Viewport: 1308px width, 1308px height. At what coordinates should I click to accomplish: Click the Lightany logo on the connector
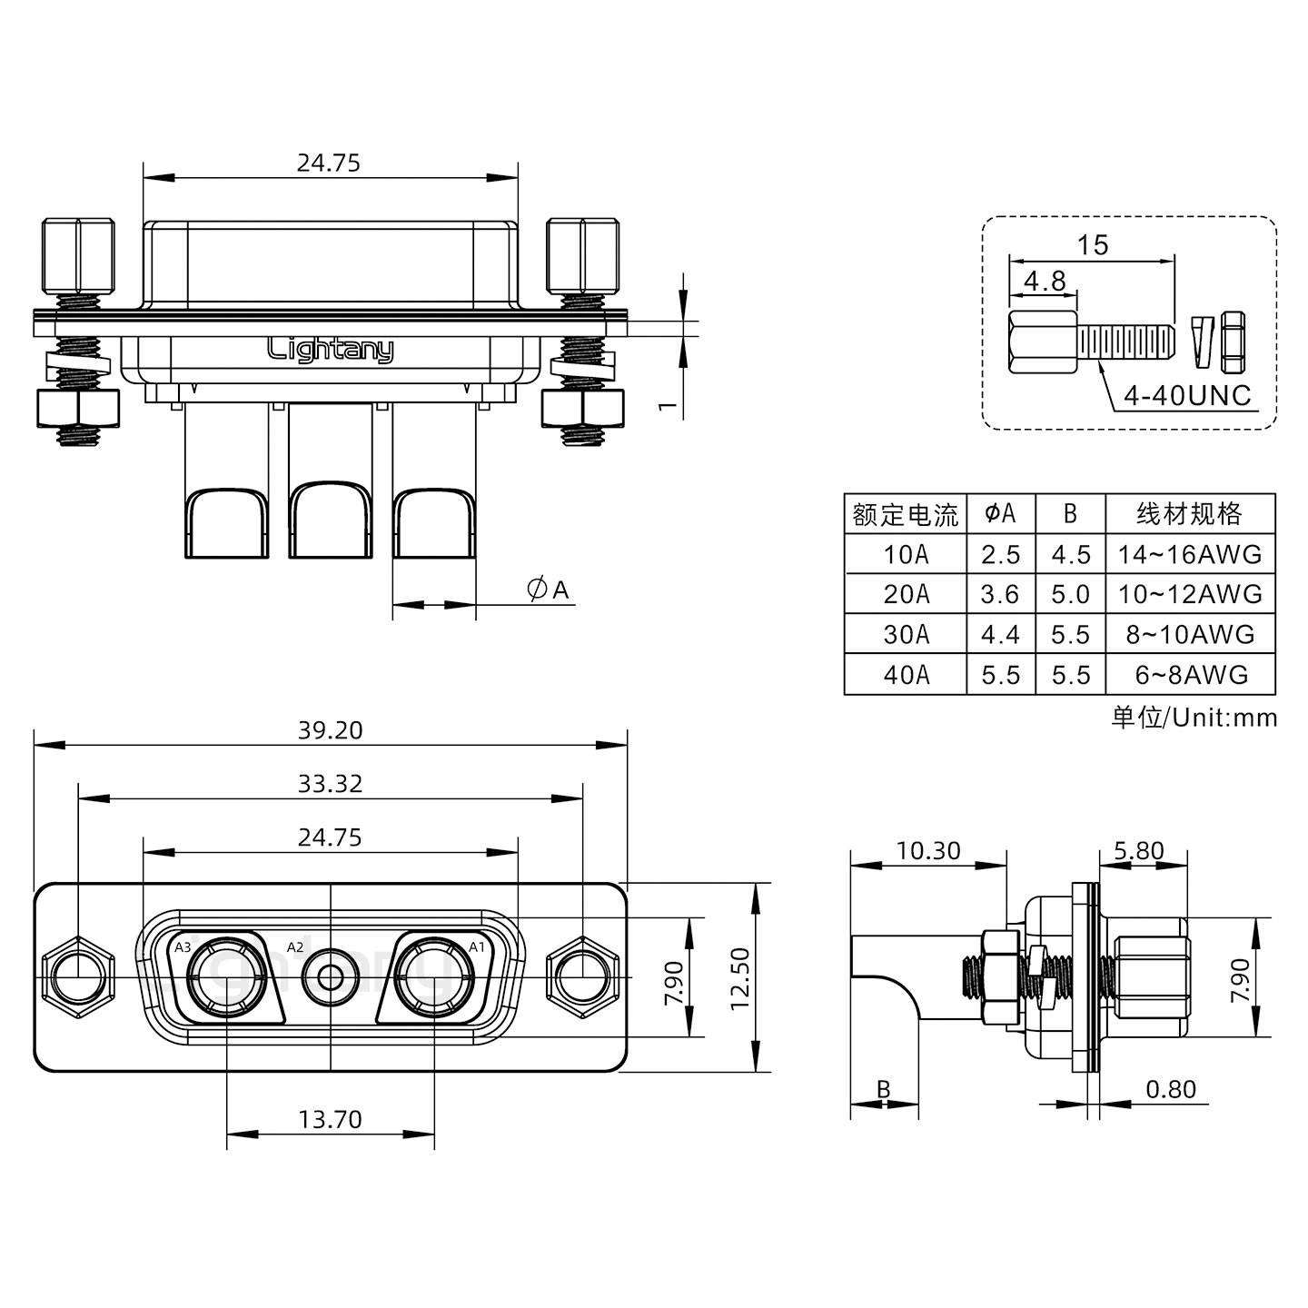[x=331, y=349]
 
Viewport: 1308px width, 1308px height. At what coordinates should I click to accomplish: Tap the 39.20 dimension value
[x=330, y=729]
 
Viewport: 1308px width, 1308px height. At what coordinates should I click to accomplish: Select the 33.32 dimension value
[x=330, y=783]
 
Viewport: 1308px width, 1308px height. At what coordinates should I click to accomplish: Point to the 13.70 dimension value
[x=330, y=1119]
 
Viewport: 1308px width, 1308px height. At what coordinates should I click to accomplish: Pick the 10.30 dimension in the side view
[x=927, y=850]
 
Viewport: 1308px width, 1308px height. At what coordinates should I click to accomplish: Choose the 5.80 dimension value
[x=1138, y=850]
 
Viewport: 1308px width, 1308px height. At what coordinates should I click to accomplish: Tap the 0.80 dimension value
[x=1171, y=1088]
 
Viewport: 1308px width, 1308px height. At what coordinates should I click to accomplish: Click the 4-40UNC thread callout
[x=1186, y=395]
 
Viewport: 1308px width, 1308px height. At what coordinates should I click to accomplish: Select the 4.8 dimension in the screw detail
[x=1045, y=280]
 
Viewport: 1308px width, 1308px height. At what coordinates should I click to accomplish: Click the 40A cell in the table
[x=906, y=675]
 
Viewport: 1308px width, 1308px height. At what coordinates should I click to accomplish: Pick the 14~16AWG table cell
[x=1189, y=554]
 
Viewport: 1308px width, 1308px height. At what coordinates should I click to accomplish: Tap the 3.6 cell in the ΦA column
[x=1000, y=594]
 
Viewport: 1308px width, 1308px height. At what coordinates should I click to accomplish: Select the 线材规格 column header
[x=1189, y=514]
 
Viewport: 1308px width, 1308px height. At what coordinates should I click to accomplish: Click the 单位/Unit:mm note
[x=1194, y=718]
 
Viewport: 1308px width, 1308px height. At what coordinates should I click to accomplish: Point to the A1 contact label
[x=476, y=947]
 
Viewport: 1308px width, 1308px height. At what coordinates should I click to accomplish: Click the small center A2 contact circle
[x=331, y=977]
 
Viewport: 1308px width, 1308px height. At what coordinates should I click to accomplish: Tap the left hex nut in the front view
[x=78, y=977]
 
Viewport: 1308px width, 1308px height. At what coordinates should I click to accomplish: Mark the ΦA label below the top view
[x=549, y=590]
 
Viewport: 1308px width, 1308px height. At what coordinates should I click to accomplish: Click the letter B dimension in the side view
[x=882, y=1088]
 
